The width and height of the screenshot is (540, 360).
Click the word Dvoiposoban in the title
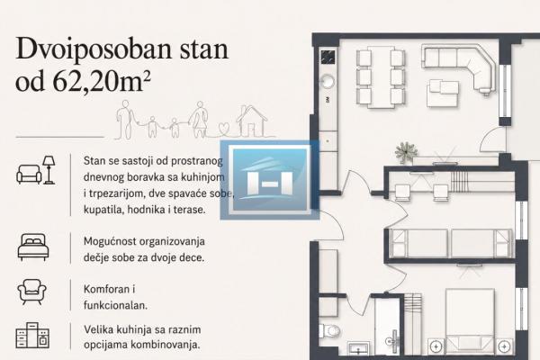click(94, 49)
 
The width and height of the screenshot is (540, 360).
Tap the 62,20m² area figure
click(102, 82)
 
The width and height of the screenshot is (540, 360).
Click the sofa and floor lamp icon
click(36, 170)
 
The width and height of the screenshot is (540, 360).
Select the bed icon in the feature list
click(33, 247)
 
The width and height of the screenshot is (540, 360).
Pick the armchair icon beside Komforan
click(32, 292)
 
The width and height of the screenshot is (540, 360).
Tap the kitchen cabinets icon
click(32, 335)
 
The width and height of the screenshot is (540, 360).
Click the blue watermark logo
click(270, 180)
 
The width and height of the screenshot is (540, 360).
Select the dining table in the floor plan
click(381, 77)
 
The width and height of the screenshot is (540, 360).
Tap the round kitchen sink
click(327, 82)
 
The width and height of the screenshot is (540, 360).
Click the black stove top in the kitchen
click(328, 58)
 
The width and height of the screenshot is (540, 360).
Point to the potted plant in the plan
click(407, 152)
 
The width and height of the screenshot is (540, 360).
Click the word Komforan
click(107, 289)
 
